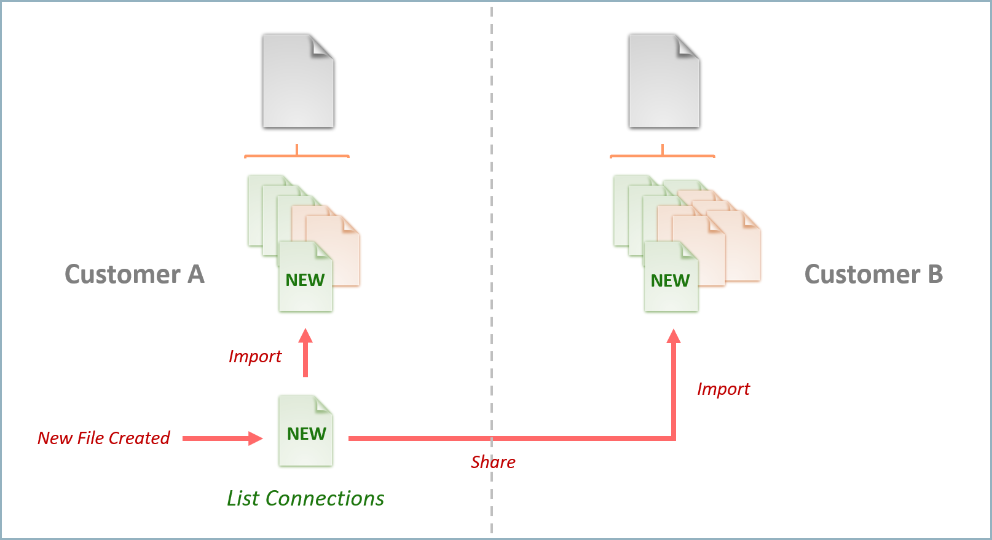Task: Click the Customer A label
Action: click(134, 274)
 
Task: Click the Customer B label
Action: click(873, 274)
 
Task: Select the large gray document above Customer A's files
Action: click(298, 82)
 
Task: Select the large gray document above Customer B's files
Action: click(664, 82)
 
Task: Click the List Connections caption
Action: click(305, 498)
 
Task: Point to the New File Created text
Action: click(103, 438)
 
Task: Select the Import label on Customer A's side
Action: click(254, 357)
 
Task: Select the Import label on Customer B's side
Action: click(723, 389)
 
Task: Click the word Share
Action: click(493, 462)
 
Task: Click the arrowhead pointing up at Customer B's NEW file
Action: click(674, 336)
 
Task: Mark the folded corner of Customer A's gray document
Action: click(322, 47)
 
